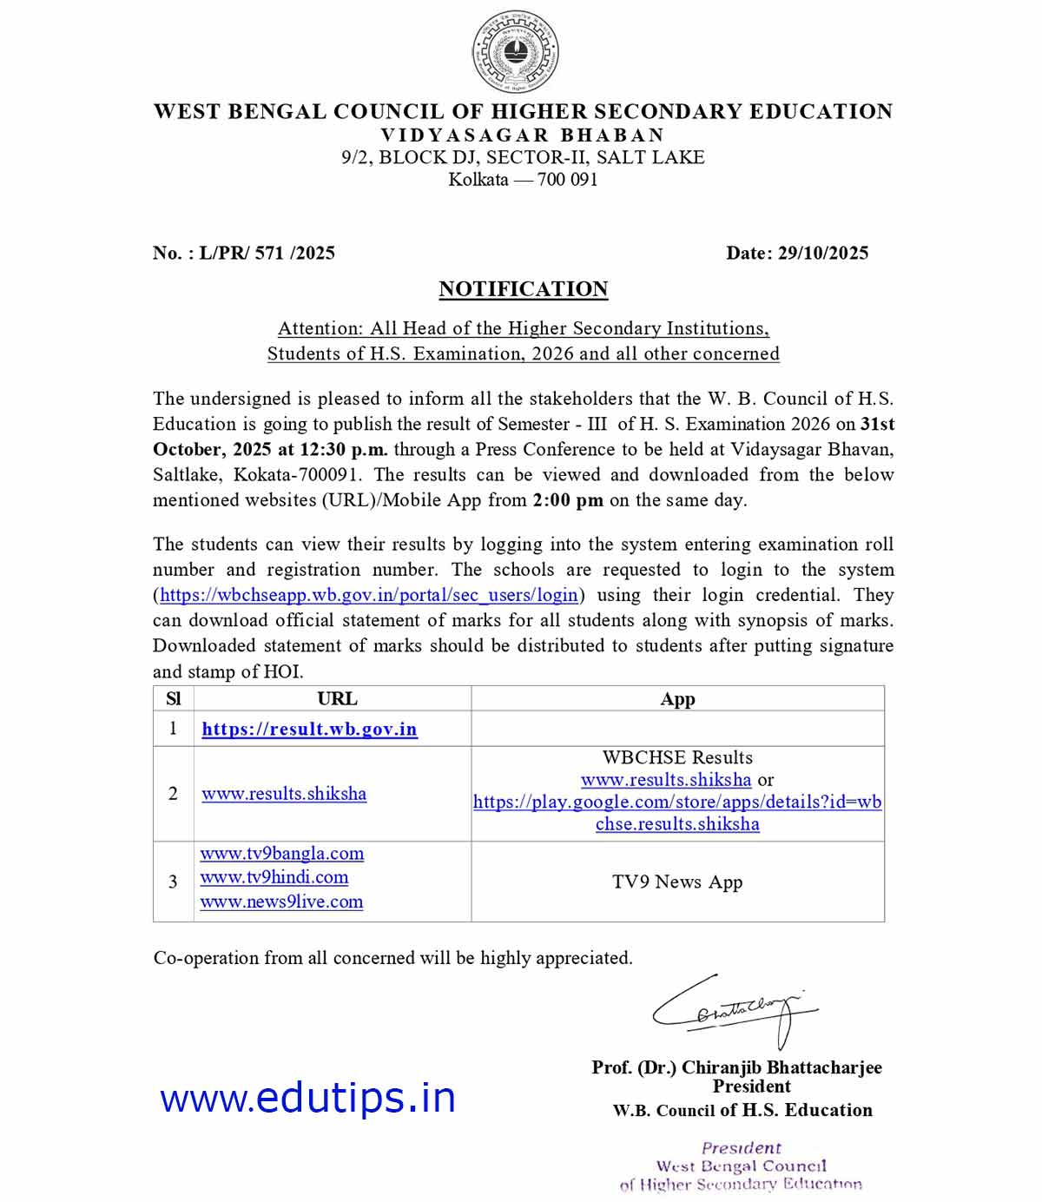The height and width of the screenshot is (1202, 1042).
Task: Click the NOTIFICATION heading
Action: [523, 289]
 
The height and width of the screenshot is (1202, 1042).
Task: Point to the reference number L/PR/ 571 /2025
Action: [267, 253]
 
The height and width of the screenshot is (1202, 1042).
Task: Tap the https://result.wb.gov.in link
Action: [309, 730]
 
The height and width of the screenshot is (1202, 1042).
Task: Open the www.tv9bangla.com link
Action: [282, 854]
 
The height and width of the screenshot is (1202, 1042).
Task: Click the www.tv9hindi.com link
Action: [274, 878]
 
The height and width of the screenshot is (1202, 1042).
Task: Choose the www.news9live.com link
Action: [281, 901]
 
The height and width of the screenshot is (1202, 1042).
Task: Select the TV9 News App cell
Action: [677, 882]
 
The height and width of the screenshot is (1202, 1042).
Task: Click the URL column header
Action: [337, 699]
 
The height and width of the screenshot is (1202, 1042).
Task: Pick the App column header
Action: [677, 699]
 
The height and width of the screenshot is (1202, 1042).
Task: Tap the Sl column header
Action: [173, 699]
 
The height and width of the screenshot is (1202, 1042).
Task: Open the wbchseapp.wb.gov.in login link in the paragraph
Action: [369, 595]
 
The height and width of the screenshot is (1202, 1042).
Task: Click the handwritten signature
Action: [734, 1010]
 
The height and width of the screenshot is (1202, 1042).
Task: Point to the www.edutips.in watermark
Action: [308, 1099]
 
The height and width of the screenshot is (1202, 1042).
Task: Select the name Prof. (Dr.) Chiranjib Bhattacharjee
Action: [736, 1067]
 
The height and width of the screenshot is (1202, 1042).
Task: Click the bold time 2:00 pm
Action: [568, 500]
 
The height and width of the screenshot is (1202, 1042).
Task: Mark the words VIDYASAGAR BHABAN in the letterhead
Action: [523, 135]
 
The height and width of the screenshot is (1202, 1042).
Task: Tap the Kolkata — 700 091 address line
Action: [523, 180]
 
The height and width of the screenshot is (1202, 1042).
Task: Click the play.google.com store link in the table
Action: [677, 802]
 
